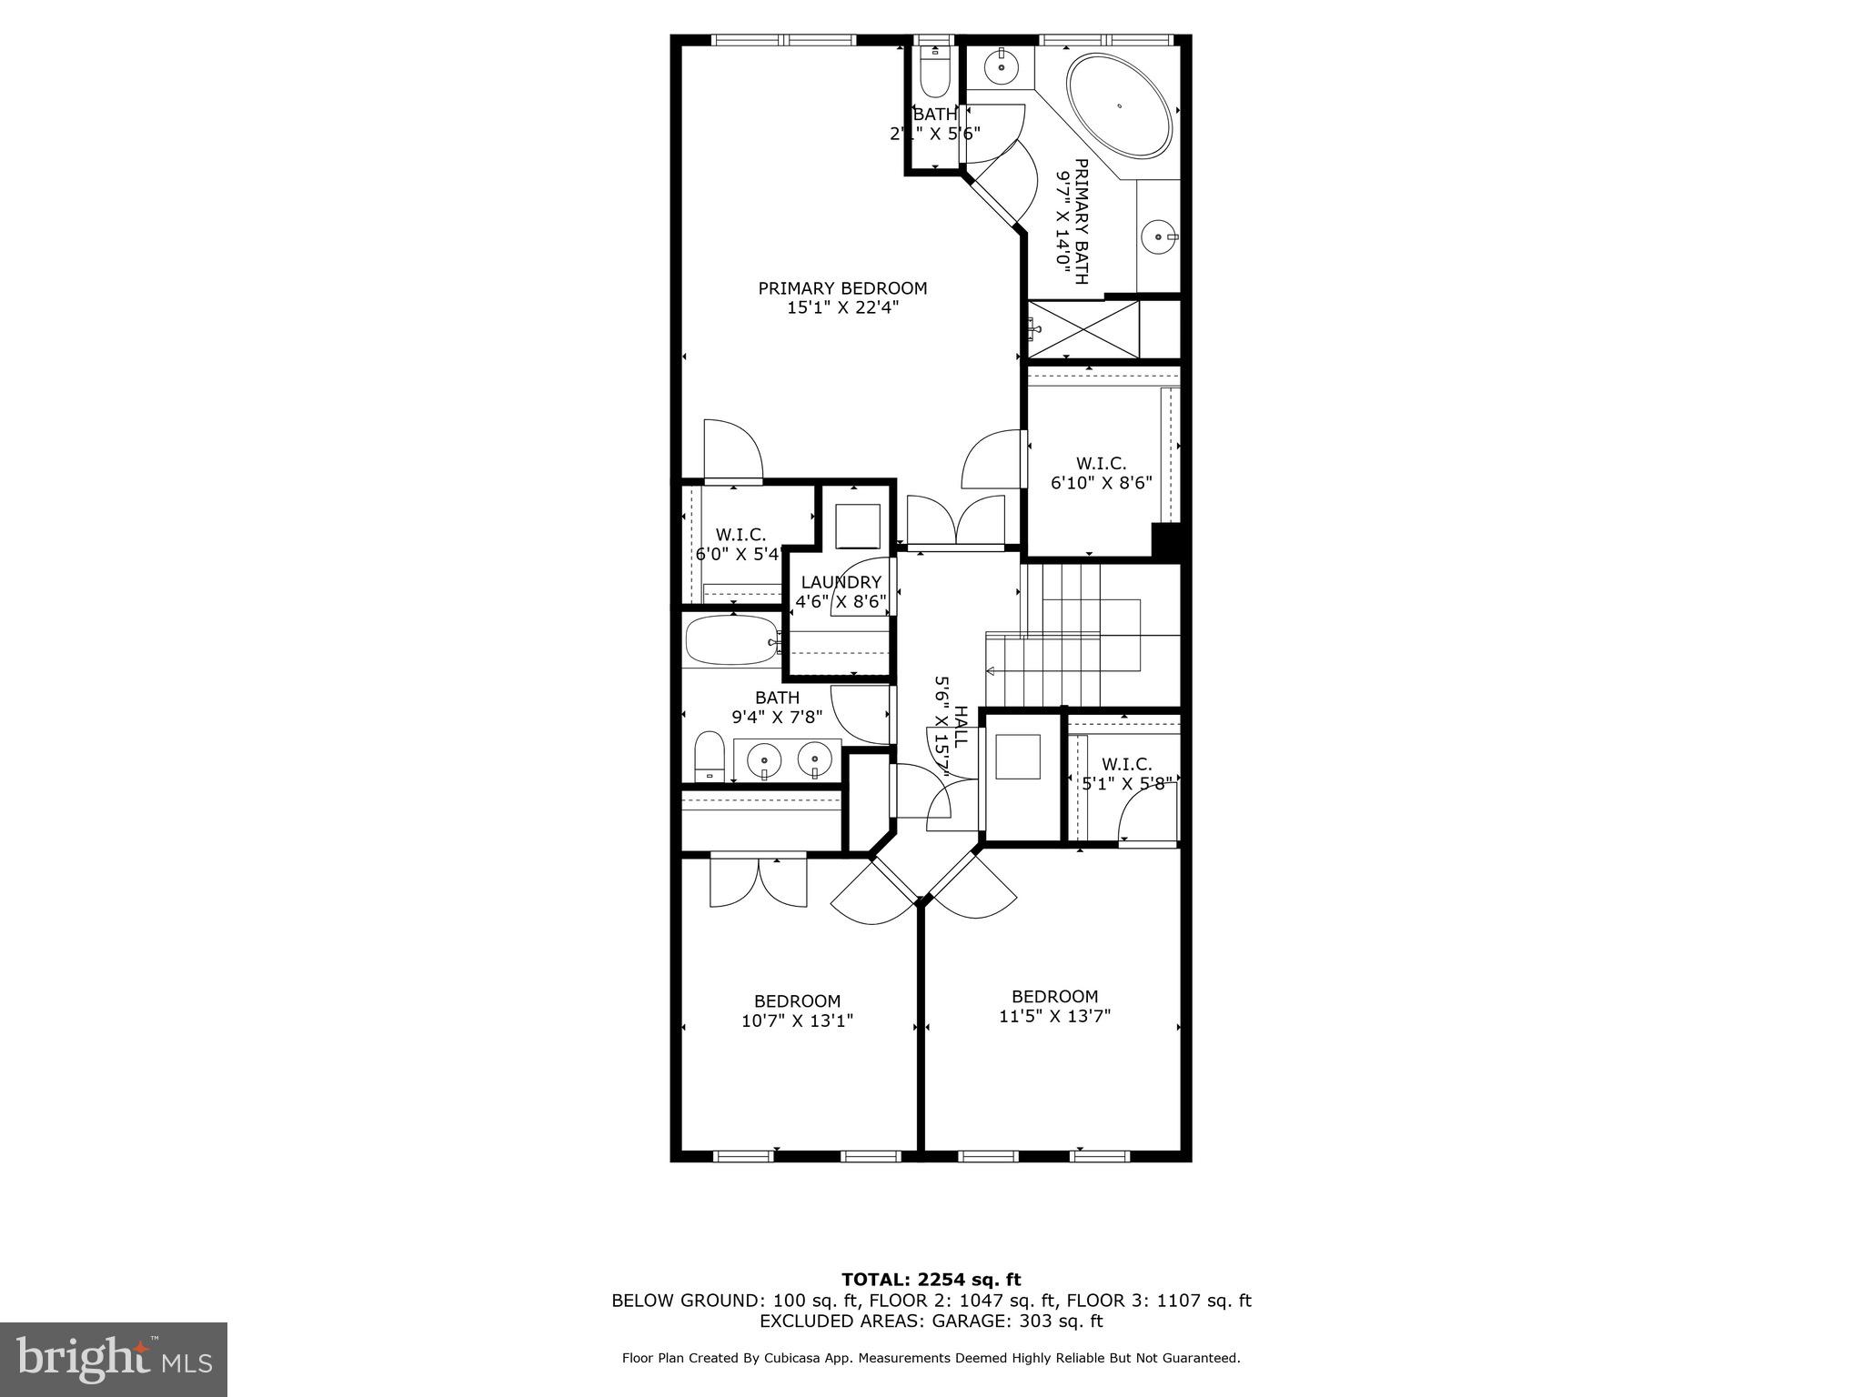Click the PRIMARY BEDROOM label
click(842, 288)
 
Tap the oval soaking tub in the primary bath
click(1119, 106)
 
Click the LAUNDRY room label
click(841, 582)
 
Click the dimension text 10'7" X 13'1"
click(797, 1020)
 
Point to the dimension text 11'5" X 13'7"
click(1054, 1015)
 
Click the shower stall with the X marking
click(1083, 328)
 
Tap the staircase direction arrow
click(992, 672)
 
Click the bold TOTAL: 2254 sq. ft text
click(931, 1281)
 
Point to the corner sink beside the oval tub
click(1002, 65)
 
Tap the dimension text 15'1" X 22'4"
click(842, 307)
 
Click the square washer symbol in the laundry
click(858, 525)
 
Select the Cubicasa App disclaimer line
click(931, 1358)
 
